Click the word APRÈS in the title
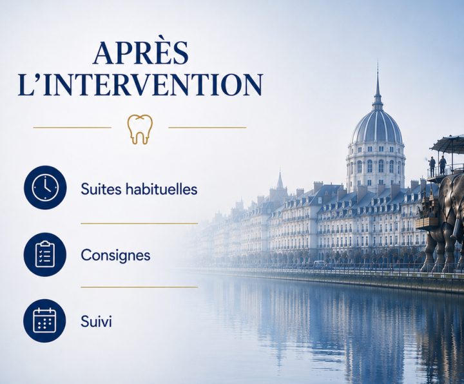141,53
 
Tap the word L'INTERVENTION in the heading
140,84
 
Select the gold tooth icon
140,130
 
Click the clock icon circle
45,187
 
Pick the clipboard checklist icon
45,254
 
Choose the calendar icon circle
44,321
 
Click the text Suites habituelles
139,189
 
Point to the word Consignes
115,255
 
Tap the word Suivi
96,322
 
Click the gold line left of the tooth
72,128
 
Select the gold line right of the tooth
207,128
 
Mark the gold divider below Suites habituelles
139,224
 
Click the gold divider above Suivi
139,287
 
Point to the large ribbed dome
377,127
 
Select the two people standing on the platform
438,166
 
